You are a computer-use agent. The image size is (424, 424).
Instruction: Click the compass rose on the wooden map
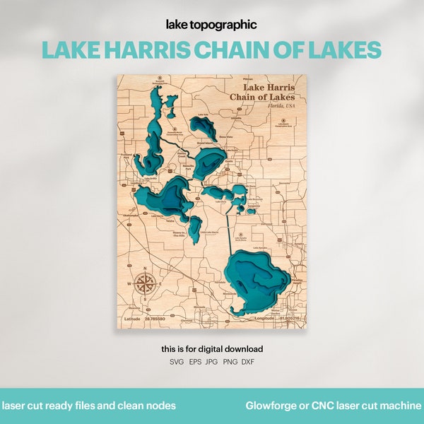click(x=146, y=285)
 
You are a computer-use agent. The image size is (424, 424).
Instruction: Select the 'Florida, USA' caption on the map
click(x=281, y=105)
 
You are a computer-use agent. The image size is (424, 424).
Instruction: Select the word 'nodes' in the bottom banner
click(x=162, y=406)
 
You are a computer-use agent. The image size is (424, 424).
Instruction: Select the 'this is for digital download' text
click(x=211, y=348)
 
